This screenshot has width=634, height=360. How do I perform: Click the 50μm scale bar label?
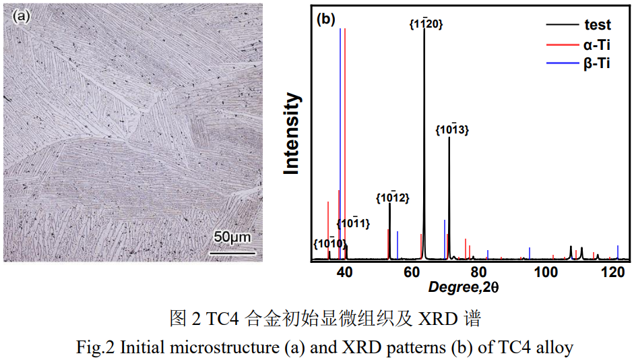point(232,238)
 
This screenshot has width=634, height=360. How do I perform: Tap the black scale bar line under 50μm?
point(232,253)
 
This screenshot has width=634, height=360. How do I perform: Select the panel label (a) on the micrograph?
point(21,17)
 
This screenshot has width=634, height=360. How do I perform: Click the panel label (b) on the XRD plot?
point(325,18)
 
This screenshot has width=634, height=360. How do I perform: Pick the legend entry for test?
point(597,26)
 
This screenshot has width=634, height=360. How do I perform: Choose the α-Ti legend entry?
point(597,45)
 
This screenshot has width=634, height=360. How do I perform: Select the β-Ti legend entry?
point(597,64)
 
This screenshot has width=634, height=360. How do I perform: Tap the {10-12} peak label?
point(392,198)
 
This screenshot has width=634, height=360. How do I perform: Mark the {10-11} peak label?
point(353,223)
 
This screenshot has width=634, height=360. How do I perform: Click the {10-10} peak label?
point(330,243)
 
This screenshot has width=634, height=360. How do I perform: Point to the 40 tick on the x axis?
point(344,272)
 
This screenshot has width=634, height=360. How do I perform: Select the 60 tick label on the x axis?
point(412,272)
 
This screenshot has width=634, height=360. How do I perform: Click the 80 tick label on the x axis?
point(478,272)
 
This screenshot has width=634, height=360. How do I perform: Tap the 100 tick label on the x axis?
point(548,272)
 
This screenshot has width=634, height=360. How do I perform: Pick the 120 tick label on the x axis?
point(614,272)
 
